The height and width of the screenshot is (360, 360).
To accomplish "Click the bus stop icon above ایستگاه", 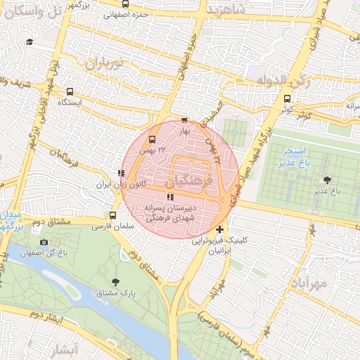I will pyautogui.click(x=70, y=92).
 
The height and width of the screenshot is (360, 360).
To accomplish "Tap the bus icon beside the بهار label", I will pyautogui.click(x=184, y=120).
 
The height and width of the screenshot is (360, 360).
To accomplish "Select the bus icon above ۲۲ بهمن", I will pyautogui.click(x=153, y=138).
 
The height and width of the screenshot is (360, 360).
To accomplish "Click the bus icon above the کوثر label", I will pyautogui.click(x=287, y=98).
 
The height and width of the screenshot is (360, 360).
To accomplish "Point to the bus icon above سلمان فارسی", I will pyautogui.click(x=114, y=215).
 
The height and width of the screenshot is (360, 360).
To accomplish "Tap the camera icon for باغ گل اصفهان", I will pyautogui.click(x=44, y=243).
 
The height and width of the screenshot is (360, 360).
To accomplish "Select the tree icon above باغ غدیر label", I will pyautogui.click(x=326, y=180).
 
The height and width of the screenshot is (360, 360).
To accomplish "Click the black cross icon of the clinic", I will pyautogui.click(x=220, y=230).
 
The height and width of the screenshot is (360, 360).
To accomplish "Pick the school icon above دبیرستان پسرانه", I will pyautogui.click(x=169, y=197).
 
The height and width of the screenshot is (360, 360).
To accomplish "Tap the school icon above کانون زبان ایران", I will pyautogui.click(x=122, y=172).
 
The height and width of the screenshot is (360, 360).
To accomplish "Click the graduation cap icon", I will pyautogui.click(x=30, y=42).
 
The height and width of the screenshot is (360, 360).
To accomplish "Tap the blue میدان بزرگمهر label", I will pyautogui.click(x=11, y=219).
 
